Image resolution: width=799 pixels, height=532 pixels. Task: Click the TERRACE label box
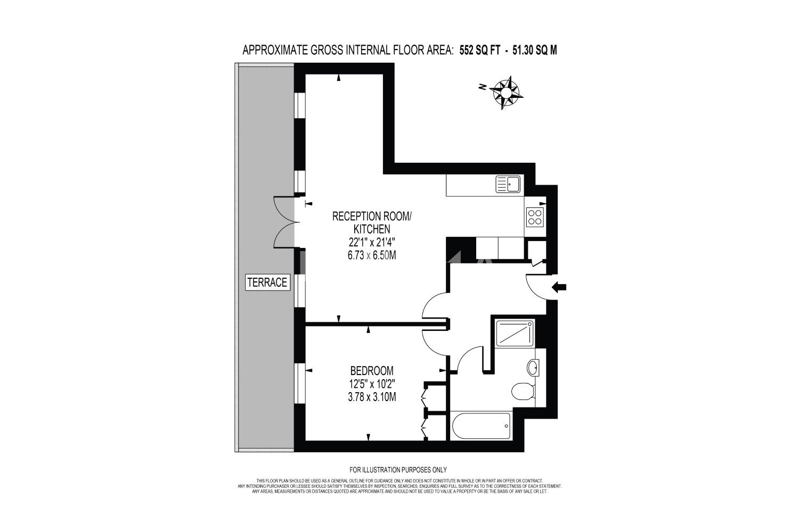267,282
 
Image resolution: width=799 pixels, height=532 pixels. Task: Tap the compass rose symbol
506,93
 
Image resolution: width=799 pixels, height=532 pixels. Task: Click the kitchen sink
508,184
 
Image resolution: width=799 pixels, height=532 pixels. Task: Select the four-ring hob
535,217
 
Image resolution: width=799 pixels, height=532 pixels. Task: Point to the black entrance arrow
559,287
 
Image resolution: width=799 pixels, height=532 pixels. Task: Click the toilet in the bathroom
523,391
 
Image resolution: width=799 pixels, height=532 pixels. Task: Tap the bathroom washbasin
533,368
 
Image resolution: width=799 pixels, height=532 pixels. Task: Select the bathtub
481,426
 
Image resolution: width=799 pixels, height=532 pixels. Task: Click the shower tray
515,333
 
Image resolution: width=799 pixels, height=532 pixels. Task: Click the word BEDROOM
372,371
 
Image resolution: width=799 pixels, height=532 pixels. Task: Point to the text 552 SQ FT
480,50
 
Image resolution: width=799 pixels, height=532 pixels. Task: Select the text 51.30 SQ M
535,50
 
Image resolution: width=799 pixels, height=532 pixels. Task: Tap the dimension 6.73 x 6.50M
372,255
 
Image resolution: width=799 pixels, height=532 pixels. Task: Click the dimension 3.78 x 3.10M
372,396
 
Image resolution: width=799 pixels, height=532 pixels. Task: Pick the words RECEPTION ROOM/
372,217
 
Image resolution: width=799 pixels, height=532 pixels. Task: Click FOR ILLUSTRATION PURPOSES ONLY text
398,470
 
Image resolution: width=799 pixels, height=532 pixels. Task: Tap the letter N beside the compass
483,86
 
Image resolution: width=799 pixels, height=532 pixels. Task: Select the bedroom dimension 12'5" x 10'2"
372,384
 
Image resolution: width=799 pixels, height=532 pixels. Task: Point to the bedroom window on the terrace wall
300,383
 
